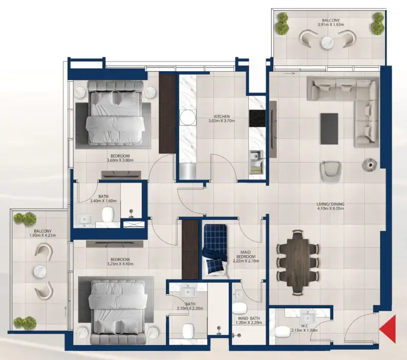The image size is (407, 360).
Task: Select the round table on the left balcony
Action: (40, 271)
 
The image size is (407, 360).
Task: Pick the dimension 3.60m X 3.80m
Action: (119, 161)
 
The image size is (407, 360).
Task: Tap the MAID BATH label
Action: (247, 320)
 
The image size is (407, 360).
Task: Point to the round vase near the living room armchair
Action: (368, 164)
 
